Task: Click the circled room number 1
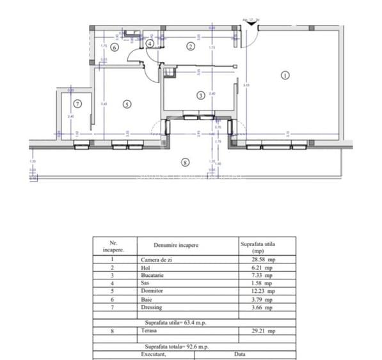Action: [x=285, y=75]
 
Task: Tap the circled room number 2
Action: [x=190, y=45]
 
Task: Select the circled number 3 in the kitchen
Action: [x=200, y=96]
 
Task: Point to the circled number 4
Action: [x=150, y=43]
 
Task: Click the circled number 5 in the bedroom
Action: [x=127, y=104]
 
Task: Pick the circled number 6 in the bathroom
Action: [x=115, y=47]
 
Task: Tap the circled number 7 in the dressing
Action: [x=77, y=103]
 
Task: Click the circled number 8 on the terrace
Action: [x=186, y=162]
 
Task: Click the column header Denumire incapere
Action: [x=176, y=245]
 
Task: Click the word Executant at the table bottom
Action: [x=154, y=353]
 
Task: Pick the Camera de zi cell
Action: [x=157, y=260]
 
